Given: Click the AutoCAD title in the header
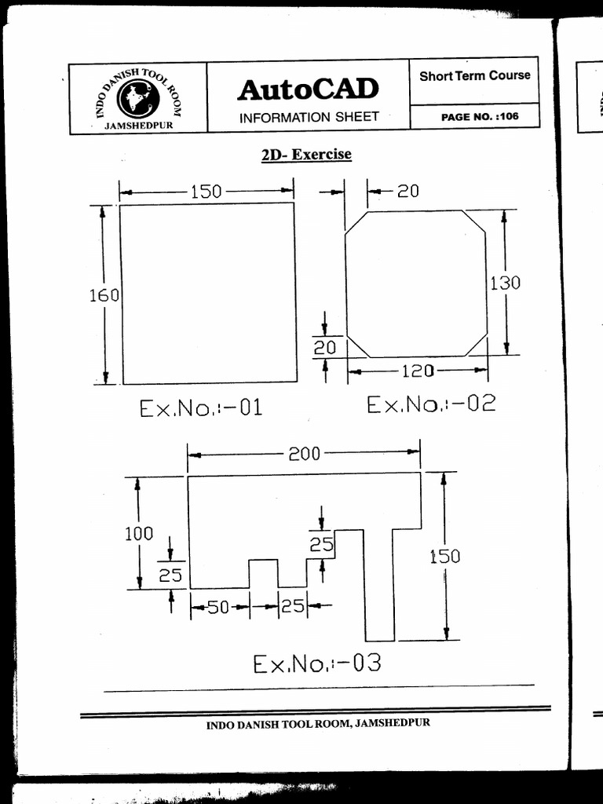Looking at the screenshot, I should pos(308,90).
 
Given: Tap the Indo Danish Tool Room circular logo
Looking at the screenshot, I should pos(138,99).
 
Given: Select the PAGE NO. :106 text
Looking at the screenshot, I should pos(480,116).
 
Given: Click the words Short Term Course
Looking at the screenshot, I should pos(474,76).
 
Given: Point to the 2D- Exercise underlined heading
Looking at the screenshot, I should pos(306,155).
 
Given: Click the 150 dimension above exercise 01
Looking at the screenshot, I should pos(206,192).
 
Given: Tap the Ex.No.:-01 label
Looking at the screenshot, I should pos(200,408).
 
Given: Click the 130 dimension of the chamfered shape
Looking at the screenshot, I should pos(505,283).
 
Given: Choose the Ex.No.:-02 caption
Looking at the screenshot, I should pos(431,404).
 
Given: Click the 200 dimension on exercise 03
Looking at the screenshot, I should pos(305,454).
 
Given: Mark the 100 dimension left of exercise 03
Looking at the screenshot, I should pos(139,534).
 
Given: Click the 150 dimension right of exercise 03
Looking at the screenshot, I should pos(444,557).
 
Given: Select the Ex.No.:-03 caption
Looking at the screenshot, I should pos(316,664).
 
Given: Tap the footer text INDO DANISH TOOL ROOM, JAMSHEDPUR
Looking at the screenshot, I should pos(318,724).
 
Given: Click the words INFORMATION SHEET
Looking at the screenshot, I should pos(309,117).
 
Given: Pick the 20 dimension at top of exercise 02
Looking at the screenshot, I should pos(407,191).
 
